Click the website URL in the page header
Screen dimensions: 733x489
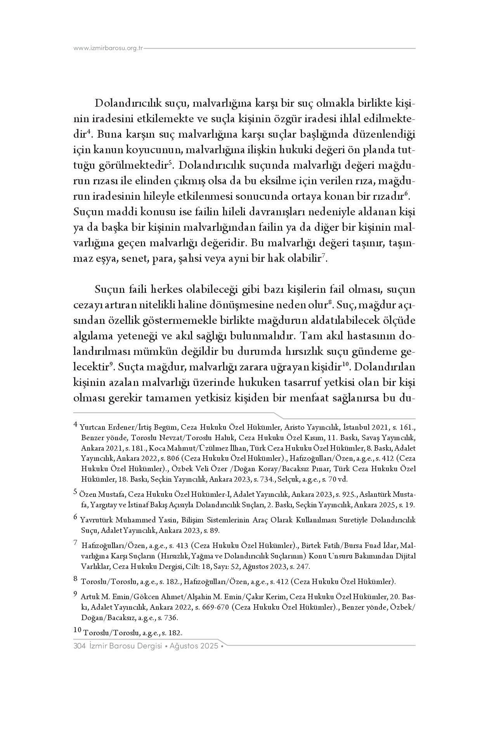pos(108,48)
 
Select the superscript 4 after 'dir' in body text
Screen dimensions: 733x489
pos(88,132)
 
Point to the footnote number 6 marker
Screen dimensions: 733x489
pos(76,517)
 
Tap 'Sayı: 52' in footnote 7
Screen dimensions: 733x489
pos(227,567)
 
